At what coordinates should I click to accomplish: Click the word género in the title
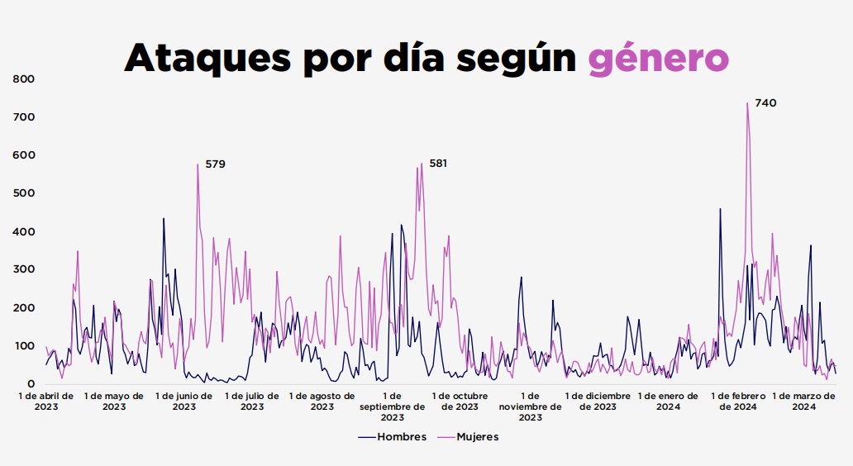pos(659,57)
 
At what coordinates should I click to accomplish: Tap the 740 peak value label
pos(765,103)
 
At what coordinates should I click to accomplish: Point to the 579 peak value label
pos(215,164)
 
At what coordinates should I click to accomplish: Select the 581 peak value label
pos(438,164)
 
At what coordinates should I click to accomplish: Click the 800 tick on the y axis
pos(24,79)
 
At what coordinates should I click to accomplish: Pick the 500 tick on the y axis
pos(24,193)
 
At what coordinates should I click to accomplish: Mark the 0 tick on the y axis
pos(31,384)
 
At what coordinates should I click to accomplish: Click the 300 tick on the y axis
pos(24,269)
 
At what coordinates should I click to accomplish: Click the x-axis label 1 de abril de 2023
pos(46,401)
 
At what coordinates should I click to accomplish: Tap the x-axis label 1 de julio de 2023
pos(251,401)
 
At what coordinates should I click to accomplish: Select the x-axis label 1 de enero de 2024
pos(669,401)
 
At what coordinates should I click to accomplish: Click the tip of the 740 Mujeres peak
pos(747,103)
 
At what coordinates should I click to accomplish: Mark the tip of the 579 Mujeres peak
pos(198,164)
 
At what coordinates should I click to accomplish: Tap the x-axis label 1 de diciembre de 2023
pos(598,401)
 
